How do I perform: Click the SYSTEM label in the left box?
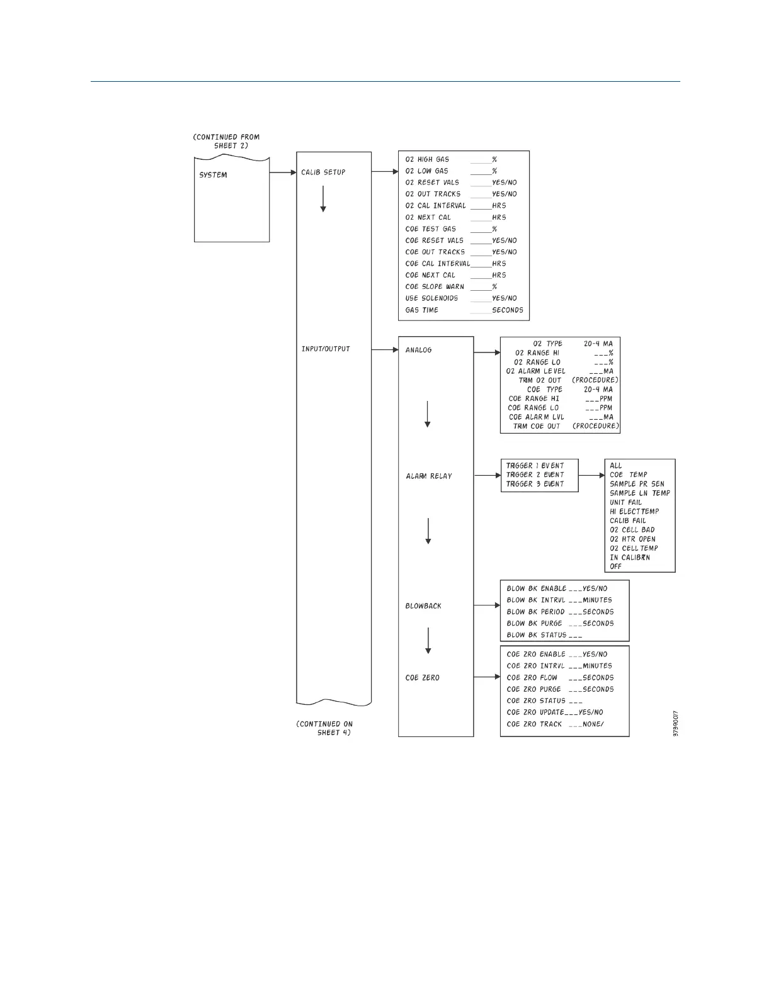click(213, 175)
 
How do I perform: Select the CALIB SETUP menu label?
click(323, 172)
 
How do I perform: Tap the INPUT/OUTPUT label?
click(326, 349)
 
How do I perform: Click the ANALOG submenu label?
click(418, 350)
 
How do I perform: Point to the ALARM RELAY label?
click(429, 476)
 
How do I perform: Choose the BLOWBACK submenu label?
click(423, 606)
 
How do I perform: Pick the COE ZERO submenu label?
click(422, 678)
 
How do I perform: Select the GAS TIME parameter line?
click(464, 310)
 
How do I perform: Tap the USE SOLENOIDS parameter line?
click(461, 298)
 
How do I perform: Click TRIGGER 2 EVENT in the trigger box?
click(535, 475)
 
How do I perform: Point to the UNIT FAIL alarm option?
click(625, 502)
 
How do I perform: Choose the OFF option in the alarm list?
click(615, 566)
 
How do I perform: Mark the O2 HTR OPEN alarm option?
click(632, 539)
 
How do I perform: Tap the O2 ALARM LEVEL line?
click(559, 371)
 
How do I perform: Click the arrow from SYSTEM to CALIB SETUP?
click(283, 172)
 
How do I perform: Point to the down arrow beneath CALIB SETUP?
click(323, 198)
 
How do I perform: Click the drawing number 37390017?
click(675, 724)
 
